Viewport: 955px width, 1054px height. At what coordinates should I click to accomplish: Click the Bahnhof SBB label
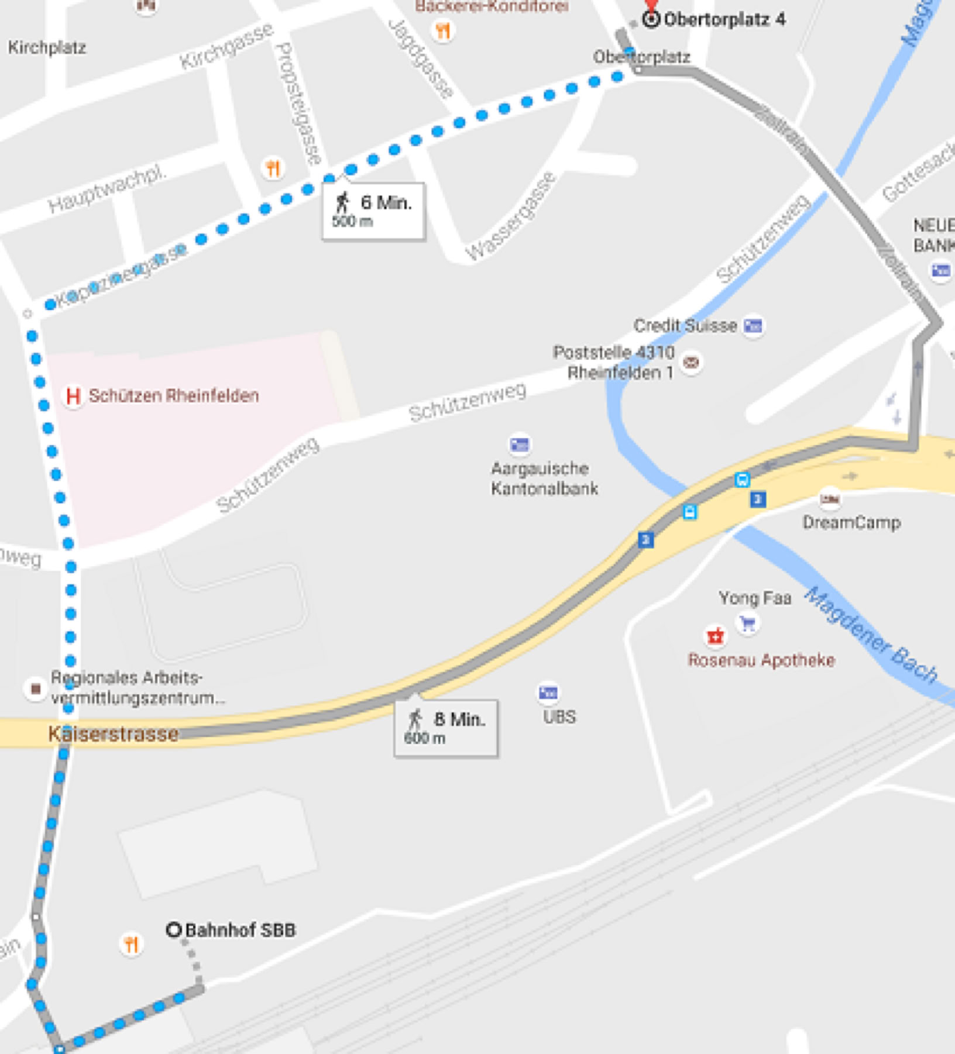pyautogui.click(x=240, y=930)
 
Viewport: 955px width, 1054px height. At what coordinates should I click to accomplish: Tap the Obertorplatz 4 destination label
pyautogui.click(x=724, y=19)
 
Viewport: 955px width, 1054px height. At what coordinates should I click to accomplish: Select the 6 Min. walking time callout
pyautogui.click(x=373, y=211)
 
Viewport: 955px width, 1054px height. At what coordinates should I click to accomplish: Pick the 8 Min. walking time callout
pyautogui.click(x=446, y=727)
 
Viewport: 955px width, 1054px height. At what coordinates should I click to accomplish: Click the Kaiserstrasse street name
pyautogui.click(x=113, y=733)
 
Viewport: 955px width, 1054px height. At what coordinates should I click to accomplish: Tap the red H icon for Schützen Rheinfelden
pyautogui.click(x=73, y=396)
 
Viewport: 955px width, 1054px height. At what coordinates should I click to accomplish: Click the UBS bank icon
pyautogui.click(x=548, y=693)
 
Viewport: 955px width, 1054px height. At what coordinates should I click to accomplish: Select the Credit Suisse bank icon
pyautogui.click(x=753, y=325)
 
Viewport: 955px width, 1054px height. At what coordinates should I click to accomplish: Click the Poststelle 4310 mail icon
pyautogui.click(x=691, y=362)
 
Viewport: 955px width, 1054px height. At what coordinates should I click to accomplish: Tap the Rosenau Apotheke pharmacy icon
pyautogui.click(x=715, y=636)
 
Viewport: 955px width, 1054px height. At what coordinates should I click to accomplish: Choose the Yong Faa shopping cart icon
pyautogui.click(x=747, y=622)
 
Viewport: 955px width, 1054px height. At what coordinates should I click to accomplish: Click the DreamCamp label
pyautogui.click(x=851, y=522)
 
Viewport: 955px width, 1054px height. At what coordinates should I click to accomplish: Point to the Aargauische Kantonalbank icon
pyautogui.click(x=519, y=445)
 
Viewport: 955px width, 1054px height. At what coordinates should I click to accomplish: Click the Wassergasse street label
pyautogui.click(x=511, y=216)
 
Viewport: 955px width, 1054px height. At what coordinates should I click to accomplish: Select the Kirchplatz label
pyautogui.click(x=47, y=47)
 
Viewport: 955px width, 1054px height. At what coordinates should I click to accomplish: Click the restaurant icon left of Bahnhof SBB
pyautogui.click(x=131, y=944)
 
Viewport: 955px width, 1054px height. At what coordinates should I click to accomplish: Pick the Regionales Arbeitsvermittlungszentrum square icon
pyautogui.click(x=36, y=688)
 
